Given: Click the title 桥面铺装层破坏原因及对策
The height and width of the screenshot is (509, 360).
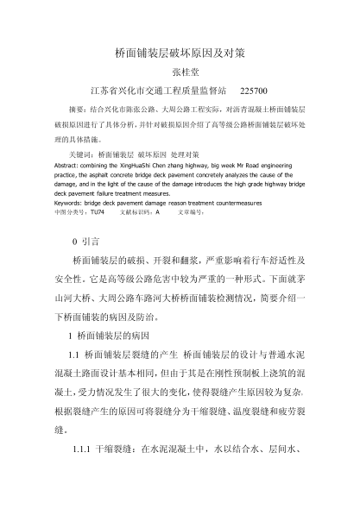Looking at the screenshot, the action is tap(180, 53).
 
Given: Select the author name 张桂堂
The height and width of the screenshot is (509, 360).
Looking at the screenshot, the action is tap(180, 72).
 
